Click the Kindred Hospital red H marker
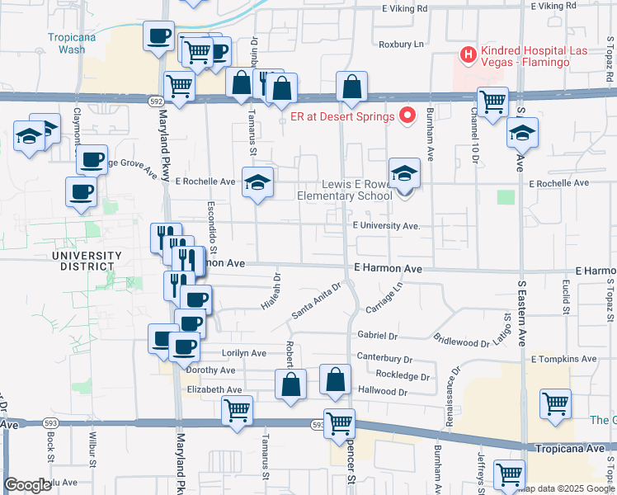(469, 56)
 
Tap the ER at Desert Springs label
(342, 116)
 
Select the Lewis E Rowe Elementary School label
(345, 190)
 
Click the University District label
(82, 261)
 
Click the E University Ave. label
(386, 225)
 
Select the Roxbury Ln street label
(401, 45)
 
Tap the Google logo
(27, 485)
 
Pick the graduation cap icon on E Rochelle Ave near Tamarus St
(257, 181)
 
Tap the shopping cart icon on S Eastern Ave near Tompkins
(555, 403)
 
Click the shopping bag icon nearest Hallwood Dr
(335, 379)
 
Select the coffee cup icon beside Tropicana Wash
(158, 36)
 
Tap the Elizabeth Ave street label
(214, 389)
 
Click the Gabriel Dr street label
(378, 336)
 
